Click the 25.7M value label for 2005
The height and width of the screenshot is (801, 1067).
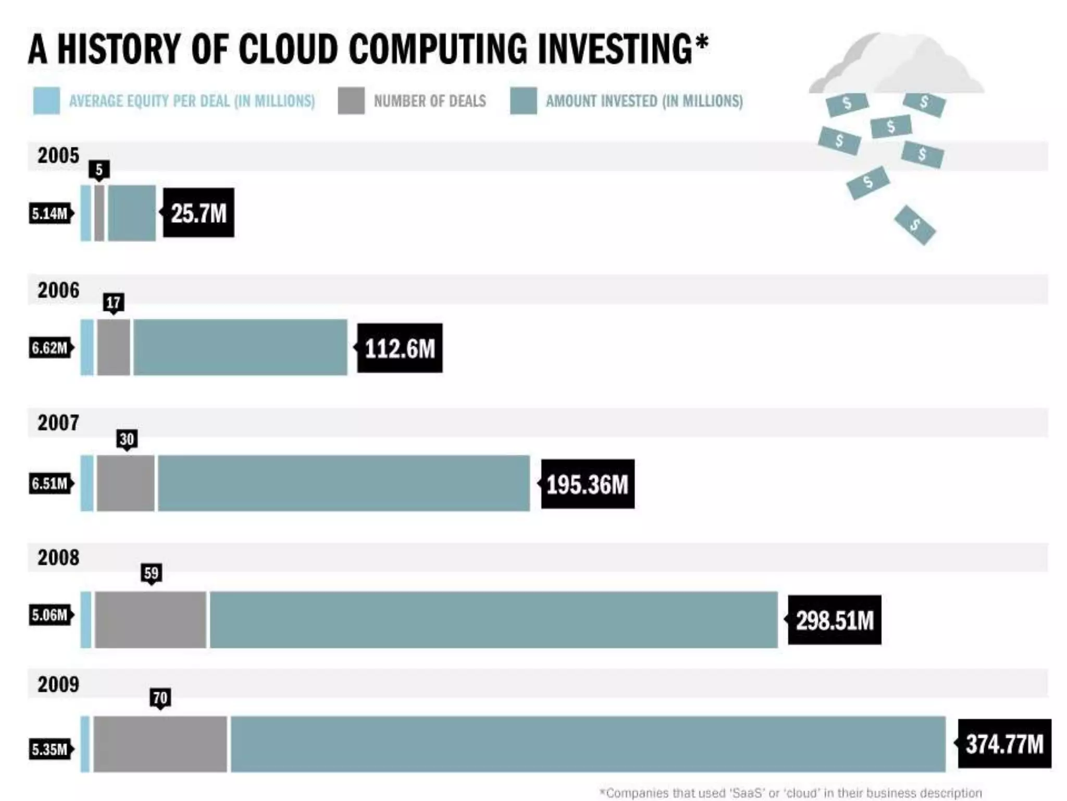(x=198, y=213)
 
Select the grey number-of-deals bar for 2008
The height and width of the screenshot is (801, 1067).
(x=151, y=620)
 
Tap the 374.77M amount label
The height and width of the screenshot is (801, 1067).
(x=1004, y=744)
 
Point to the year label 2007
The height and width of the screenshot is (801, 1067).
(x=58, y=423)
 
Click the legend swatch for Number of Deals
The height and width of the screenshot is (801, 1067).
(x=351, y=101)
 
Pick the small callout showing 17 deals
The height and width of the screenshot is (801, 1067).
(x=113, y=302)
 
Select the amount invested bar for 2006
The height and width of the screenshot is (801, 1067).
(x=240, y=347)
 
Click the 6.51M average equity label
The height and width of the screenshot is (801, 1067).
(x=50, y=483)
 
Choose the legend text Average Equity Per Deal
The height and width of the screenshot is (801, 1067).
(x=192, y=101)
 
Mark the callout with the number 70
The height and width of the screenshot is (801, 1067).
(x=160, y=698)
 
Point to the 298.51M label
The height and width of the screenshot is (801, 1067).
(x=834, y=620)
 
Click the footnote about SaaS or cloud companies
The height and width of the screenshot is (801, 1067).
(x=790, y=793)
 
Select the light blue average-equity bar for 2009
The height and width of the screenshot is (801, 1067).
(x=85, y=744)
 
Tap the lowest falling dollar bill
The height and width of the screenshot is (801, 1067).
(x=915, y=225)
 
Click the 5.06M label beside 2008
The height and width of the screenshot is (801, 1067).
(x=50, y=615)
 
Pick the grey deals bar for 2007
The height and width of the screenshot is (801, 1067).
(x=126, y=483)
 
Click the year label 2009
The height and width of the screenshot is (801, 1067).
(x=58, y=685)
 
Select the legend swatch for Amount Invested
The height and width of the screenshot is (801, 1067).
(x=523, y=101)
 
